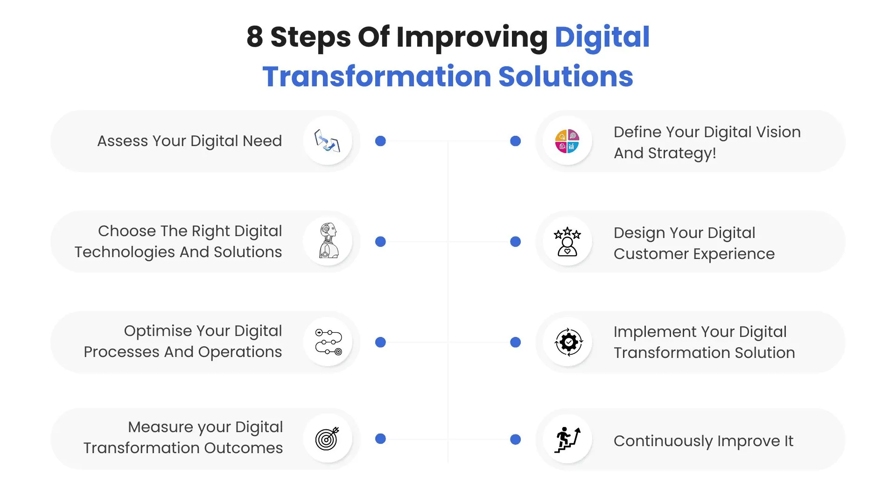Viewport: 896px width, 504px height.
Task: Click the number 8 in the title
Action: point(255,37)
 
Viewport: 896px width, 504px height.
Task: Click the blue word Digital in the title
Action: point(602,37)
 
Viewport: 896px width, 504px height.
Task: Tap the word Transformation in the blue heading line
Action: point(377,77)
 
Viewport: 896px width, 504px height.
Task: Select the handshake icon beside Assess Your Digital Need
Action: point(327,140)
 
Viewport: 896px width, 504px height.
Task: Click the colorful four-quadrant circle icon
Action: point(567,141)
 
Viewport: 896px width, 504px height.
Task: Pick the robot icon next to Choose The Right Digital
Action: point(329,241)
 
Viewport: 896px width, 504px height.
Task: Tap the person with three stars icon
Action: point(567,242)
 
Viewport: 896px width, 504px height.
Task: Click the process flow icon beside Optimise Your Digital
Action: point(329,342)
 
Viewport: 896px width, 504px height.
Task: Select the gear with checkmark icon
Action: point(568,342)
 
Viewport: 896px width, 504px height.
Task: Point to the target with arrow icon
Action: point(327,439)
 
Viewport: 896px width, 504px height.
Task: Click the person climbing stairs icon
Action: point(567,440)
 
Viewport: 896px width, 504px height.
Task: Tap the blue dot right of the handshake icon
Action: point(380,141)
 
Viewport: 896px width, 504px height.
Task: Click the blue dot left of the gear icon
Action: point(515,343)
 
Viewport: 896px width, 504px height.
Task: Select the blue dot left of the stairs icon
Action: point(515,440)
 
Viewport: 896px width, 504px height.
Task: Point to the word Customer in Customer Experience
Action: point(651,254)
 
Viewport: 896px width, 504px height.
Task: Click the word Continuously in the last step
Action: point(663,441)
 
